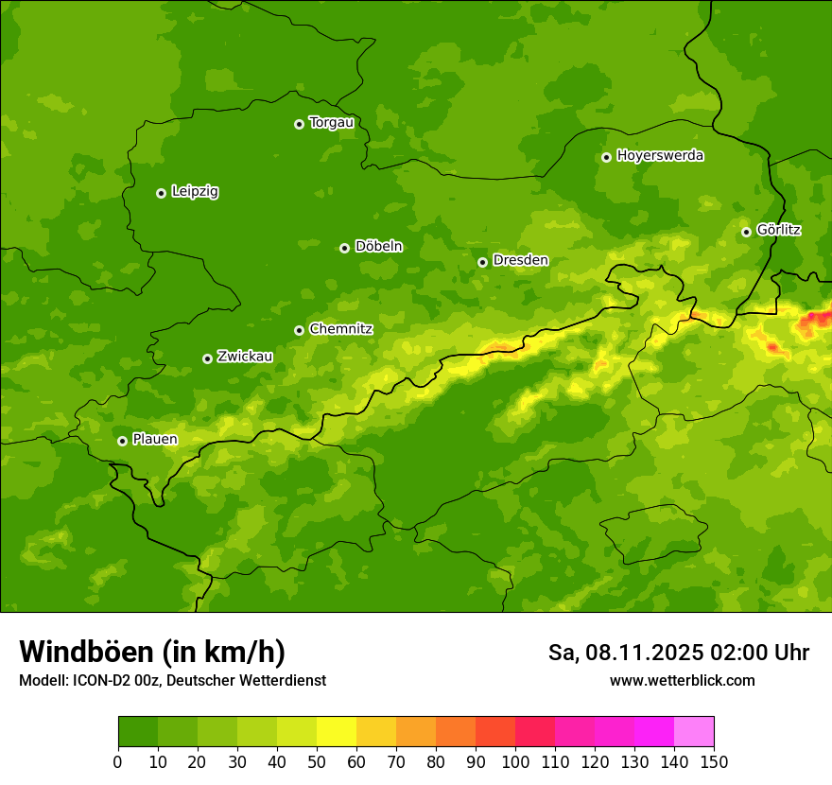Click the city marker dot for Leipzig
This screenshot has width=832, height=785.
(x=161, y=193)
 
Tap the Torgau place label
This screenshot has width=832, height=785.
(x=331, y=123)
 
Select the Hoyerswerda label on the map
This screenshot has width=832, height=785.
(x=660, y=156)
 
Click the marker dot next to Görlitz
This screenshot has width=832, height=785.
(x=746, y=232)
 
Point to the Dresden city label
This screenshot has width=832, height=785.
(x=520, y=260)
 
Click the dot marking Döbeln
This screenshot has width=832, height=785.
(x=344, y=248)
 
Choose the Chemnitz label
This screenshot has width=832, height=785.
(x=340, y=329)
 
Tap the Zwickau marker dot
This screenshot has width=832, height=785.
(x=207, y=358)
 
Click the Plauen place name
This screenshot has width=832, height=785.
(x=155, y=440)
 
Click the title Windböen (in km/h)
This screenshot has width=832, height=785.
(x=152, y=652)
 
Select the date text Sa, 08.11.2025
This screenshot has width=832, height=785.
(x=623, y=653)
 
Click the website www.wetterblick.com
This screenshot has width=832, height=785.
(x=682, y=681)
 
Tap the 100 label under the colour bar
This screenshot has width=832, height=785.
(x=515, y=762)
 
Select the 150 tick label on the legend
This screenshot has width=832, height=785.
(x=714, y=762)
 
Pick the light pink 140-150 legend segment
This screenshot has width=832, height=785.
(x=694, y=732)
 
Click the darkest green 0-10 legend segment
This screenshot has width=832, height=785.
(x=138, y=732)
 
